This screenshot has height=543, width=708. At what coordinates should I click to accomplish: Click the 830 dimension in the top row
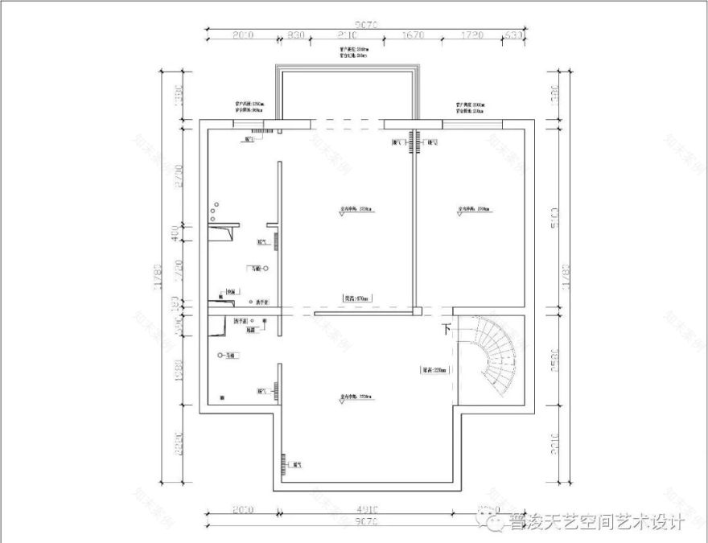295,36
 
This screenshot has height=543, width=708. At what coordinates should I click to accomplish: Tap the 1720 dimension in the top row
474,36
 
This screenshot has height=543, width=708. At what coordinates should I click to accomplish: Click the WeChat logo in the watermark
492,523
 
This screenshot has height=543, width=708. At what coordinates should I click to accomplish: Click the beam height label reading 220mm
434,371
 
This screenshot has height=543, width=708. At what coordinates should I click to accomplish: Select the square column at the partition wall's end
418,310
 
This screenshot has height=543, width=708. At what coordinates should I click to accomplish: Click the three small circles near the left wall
212,212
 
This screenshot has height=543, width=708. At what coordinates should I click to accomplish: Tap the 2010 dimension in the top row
242,36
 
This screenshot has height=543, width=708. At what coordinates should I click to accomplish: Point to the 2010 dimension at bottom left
242,510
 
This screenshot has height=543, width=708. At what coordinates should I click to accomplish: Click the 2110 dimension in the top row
348,36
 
